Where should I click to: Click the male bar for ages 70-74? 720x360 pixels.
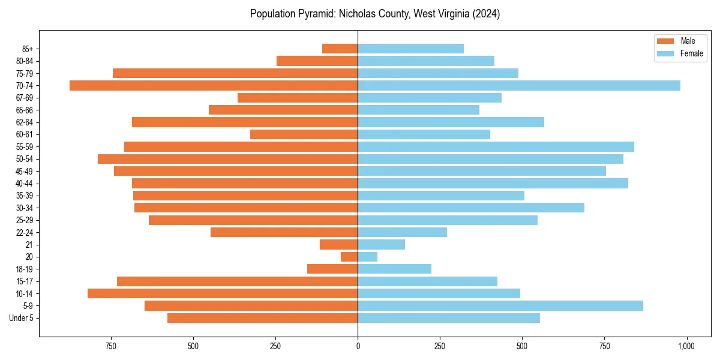coord(214,86)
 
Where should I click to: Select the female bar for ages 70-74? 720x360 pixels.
coord(519,86)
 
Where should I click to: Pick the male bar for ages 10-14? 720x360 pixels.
coord(223,293)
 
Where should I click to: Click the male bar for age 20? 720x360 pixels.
coord(349,257)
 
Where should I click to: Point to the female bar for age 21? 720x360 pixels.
coord(382,245)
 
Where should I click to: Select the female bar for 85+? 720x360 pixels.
coord(411,49)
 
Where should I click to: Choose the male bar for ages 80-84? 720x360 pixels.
coord(317,61)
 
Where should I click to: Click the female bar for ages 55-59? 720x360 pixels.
coord(496,147)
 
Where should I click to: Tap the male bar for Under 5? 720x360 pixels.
coord(263,318)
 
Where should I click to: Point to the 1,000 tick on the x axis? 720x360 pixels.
coord(686,346)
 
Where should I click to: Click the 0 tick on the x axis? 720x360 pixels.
coord(358,346)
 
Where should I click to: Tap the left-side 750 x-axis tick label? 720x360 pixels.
coord(111,346)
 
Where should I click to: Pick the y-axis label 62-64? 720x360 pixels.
coord(25,122)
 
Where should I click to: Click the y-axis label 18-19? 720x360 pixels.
coord(25,269)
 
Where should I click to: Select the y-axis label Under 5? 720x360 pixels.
coord(22,318)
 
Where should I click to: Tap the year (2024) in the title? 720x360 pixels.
coord(485,14)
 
